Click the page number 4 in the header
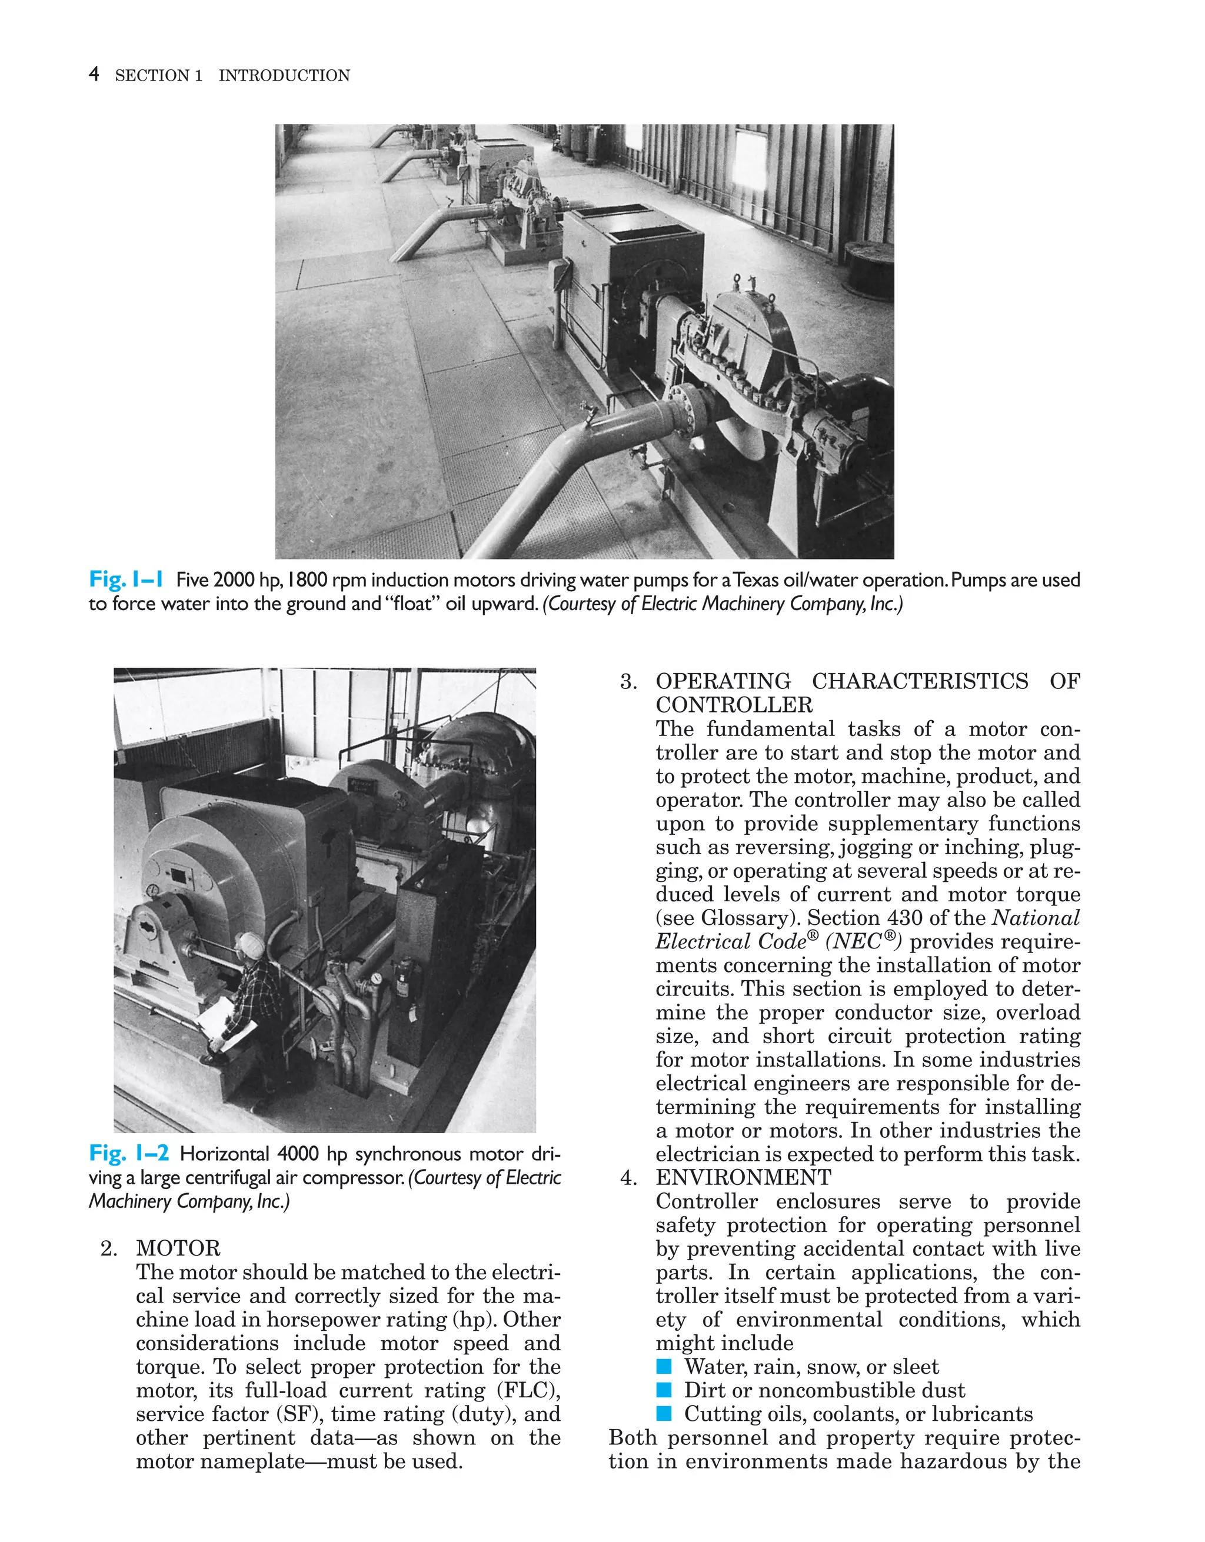tap(94, 74)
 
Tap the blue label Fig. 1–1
tap(126, 580)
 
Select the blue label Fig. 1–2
tap(128, 1153)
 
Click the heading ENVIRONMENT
tap(743, 1178)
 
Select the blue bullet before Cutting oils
tap(664, 1414)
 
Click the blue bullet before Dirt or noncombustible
tap(664, 1390)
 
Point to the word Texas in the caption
tap(759, 580)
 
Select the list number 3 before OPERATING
tap(628, 681)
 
